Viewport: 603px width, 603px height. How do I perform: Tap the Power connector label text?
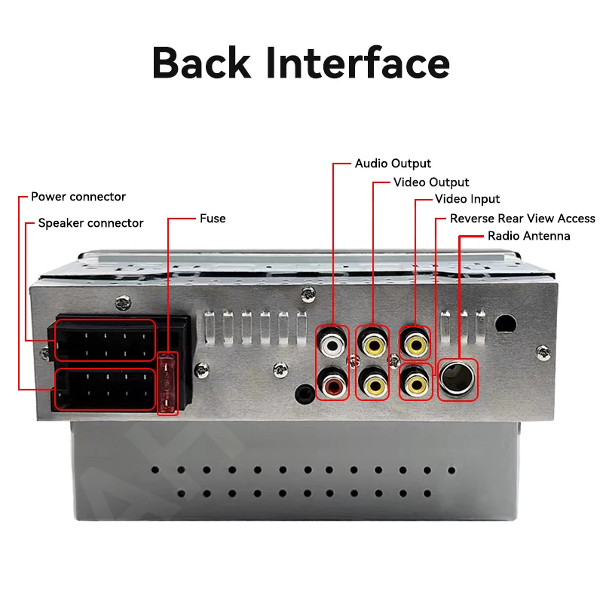coord(78,197)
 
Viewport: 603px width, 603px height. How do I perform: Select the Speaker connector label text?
coord(90,223)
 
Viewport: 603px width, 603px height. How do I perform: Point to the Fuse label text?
coord(213,219)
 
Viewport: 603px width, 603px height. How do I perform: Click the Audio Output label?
coord(393,164)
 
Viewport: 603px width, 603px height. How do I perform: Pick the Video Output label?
coord(431,182)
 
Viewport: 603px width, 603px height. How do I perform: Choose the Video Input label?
coord(467,200)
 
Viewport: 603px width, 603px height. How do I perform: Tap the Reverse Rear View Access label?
coord(522,219)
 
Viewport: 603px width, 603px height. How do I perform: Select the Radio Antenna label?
coord(529,236)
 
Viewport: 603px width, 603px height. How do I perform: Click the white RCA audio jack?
coord(332,344)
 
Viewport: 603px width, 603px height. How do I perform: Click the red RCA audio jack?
coord(332,386)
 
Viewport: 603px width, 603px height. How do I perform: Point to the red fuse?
coord(167,383)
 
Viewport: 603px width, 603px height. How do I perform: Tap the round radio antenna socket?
coord(457,377)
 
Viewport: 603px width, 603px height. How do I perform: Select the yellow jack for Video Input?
coord(415,344)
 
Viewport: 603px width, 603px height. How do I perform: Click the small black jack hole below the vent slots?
coord(304,391)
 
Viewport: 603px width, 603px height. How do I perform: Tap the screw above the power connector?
coord(123,303)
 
